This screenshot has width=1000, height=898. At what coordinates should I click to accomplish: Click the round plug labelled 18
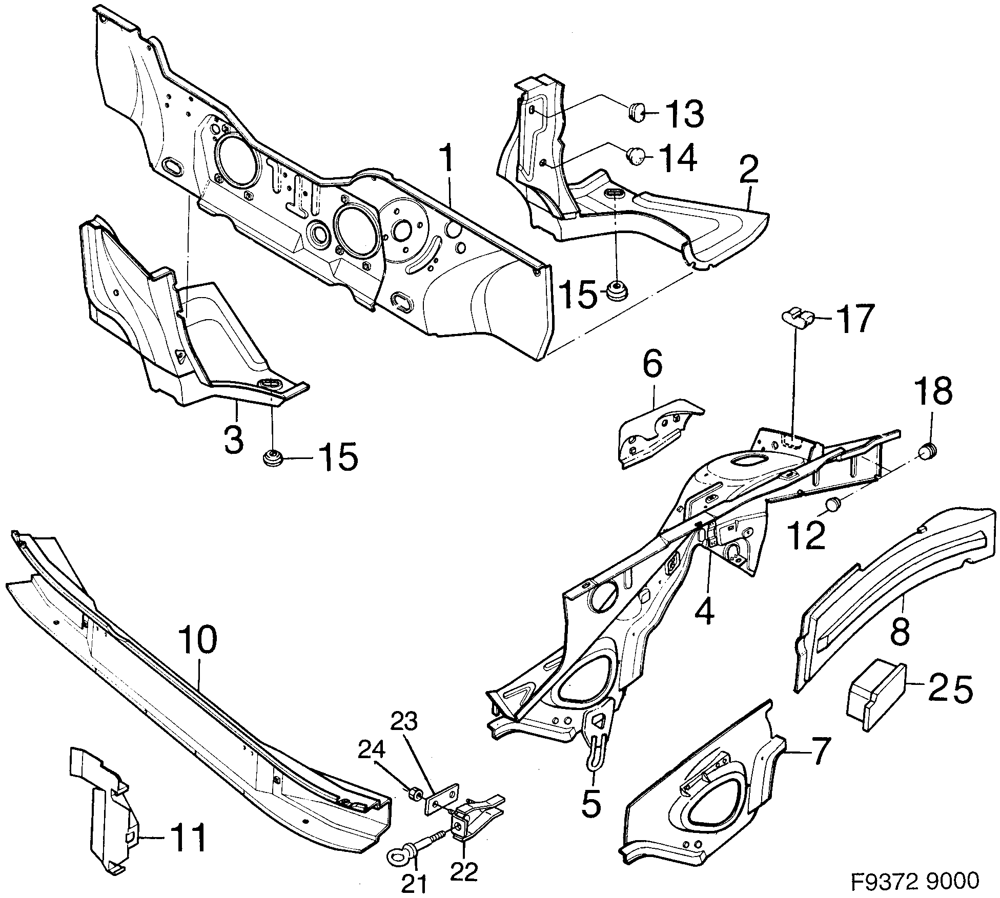point(928,451)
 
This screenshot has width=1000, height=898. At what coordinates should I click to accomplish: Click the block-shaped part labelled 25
point(875,694)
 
